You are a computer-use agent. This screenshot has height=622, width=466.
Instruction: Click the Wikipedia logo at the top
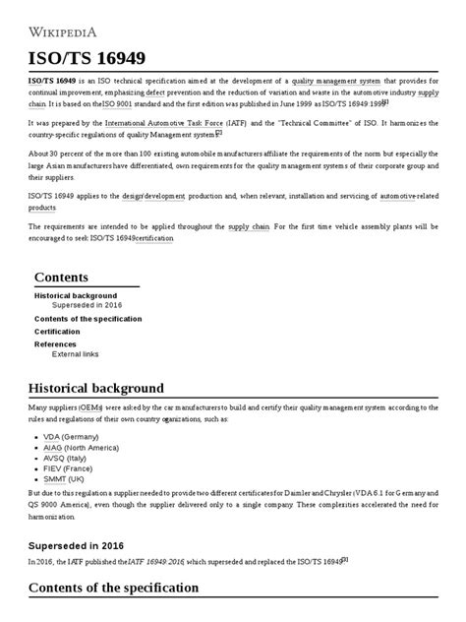coord(69,23)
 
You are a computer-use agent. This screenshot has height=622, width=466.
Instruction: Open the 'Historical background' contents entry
coord(76,295)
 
